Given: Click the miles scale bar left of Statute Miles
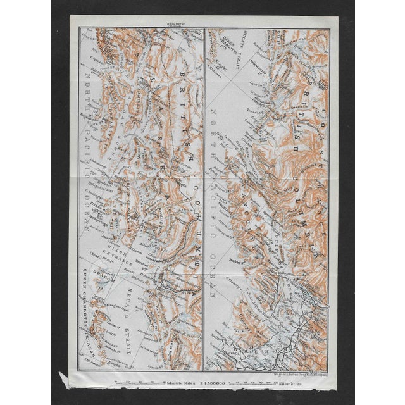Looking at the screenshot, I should (136, 383).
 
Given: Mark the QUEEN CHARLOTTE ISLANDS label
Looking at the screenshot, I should (85, 316).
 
